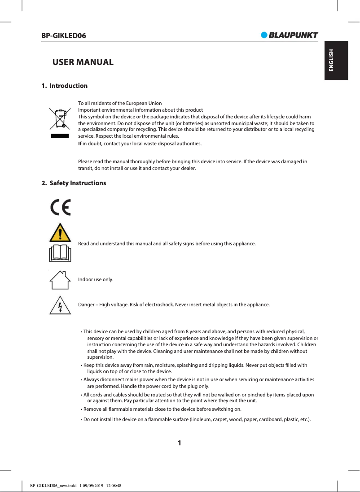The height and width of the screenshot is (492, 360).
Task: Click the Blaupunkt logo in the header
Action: (290, 35)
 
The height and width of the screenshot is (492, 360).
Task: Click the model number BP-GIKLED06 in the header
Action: (64, 35)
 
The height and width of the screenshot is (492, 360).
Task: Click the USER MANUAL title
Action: (83, 62)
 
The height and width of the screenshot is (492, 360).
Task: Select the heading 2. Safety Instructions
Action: (74, 183)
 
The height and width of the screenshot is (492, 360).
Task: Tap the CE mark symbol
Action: (60, 207)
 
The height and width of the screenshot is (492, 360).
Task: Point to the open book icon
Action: (60, 253)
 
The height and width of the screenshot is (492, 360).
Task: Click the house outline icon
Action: (60, 281)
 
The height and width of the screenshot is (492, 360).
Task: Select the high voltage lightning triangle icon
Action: (60, 305)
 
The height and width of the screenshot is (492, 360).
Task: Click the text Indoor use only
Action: (96, 280)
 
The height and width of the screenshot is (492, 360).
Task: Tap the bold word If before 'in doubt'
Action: (80, 144)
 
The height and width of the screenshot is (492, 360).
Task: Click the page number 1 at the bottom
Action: (180, 443)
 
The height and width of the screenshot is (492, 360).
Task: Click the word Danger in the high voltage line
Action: (86, 305)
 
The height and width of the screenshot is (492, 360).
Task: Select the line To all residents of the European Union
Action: (120, 103)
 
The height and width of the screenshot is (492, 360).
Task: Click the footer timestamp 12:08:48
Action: (114, 485)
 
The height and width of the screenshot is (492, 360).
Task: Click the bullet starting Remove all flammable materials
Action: (162, 409)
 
